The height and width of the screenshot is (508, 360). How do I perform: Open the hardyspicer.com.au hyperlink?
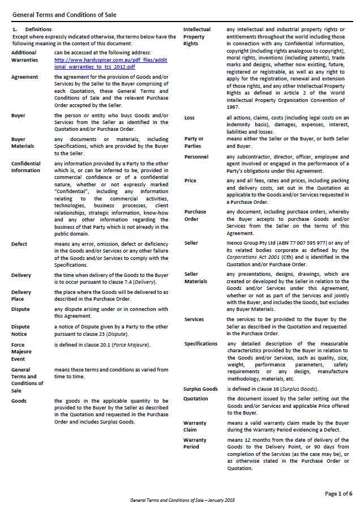[x=95, y=63]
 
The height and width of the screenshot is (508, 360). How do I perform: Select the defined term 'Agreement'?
[x=25, y=77]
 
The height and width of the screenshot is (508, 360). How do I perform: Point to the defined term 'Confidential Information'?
[x=26, y=167]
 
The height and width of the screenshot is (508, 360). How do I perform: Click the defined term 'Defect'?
[x=19, y=245]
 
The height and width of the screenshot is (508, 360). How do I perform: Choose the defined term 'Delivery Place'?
[x=22, y=296]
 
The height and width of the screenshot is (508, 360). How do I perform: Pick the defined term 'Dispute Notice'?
[x=21, y=330]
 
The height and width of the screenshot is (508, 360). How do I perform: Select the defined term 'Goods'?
[x=19, y=401]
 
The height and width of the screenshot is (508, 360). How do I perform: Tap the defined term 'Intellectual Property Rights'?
[x=197, y=37]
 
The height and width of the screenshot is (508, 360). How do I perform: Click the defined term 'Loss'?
[x=190, y=118]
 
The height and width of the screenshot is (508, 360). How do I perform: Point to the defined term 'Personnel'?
[x=196, y=157]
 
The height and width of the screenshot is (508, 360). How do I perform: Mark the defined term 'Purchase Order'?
[x=195, y=216]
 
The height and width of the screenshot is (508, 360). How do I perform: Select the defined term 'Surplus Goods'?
[x=200, y=389]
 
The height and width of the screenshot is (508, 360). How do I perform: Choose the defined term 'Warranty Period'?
[x=195, y=443]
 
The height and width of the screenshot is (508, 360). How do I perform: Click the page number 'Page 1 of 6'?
[x=338, y=494]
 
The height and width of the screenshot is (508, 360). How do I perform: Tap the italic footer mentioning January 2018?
[x=182, y=501]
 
